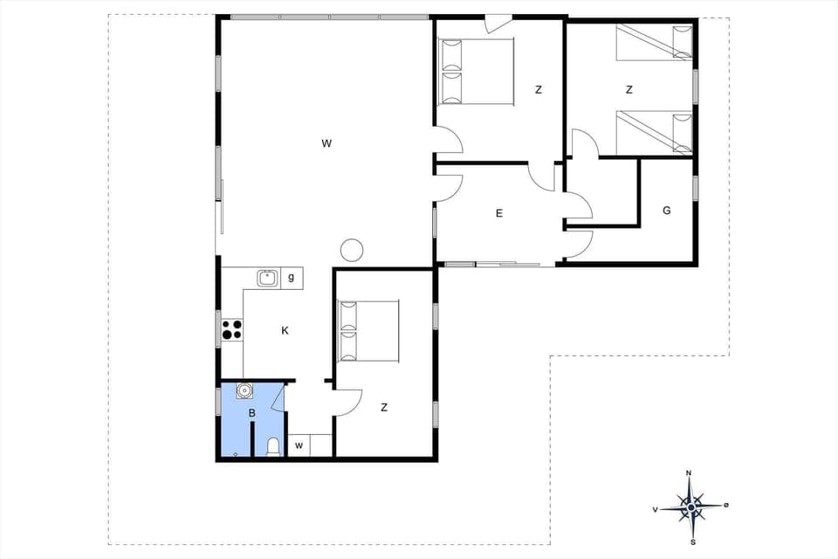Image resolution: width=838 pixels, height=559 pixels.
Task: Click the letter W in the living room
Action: pos(326,142)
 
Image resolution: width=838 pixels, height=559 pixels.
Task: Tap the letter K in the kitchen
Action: pos(285,330)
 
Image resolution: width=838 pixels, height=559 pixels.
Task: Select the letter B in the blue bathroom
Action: pos(251,412)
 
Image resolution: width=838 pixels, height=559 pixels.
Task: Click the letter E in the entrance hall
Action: pos(499,212)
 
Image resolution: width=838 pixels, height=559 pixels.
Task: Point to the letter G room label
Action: pos(667,210)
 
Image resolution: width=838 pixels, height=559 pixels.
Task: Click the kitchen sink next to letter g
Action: pos(268,278)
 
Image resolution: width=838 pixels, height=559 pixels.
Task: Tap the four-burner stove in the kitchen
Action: pos(231,330)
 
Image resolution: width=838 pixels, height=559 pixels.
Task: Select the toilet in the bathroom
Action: pos(273,448)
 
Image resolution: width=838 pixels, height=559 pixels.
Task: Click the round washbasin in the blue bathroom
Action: pos(244,390)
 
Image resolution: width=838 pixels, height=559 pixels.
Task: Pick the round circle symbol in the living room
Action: pos(351,251)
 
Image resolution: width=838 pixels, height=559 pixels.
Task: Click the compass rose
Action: pos(690,506)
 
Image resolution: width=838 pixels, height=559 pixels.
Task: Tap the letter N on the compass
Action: pos(689,473)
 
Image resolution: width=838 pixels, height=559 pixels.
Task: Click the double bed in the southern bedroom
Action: pos(368,331)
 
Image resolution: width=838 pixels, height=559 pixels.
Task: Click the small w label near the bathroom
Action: pos(299,445)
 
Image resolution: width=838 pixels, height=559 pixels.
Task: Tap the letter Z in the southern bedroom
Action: pos(383,407)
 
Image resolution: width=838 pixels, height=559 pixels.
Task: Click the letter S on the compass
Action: pos(692,542)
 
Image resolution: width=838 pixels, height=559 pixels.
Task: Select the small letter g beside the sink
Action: pos(291,278)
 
